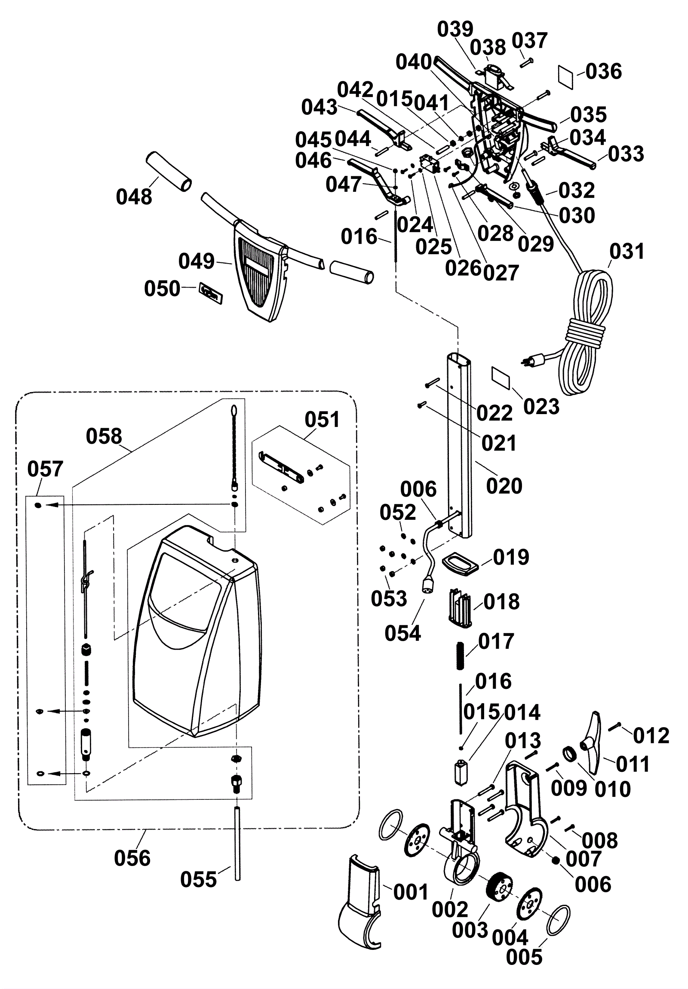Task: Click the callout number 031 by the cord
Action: pyautogui.click(x=627, y=251)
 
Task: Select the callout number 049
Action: pyautogui.click(x=197, y=261)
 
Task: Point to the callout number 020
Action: pyautogui.click(x=504, y=486)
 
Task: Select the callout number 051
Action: pyautogui.click(x=322, y=419)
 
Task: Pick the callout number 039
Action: pyautogui.click(x=455, y=29)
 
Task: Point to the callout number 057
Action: pyautogui.click(x=45, y=469)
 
